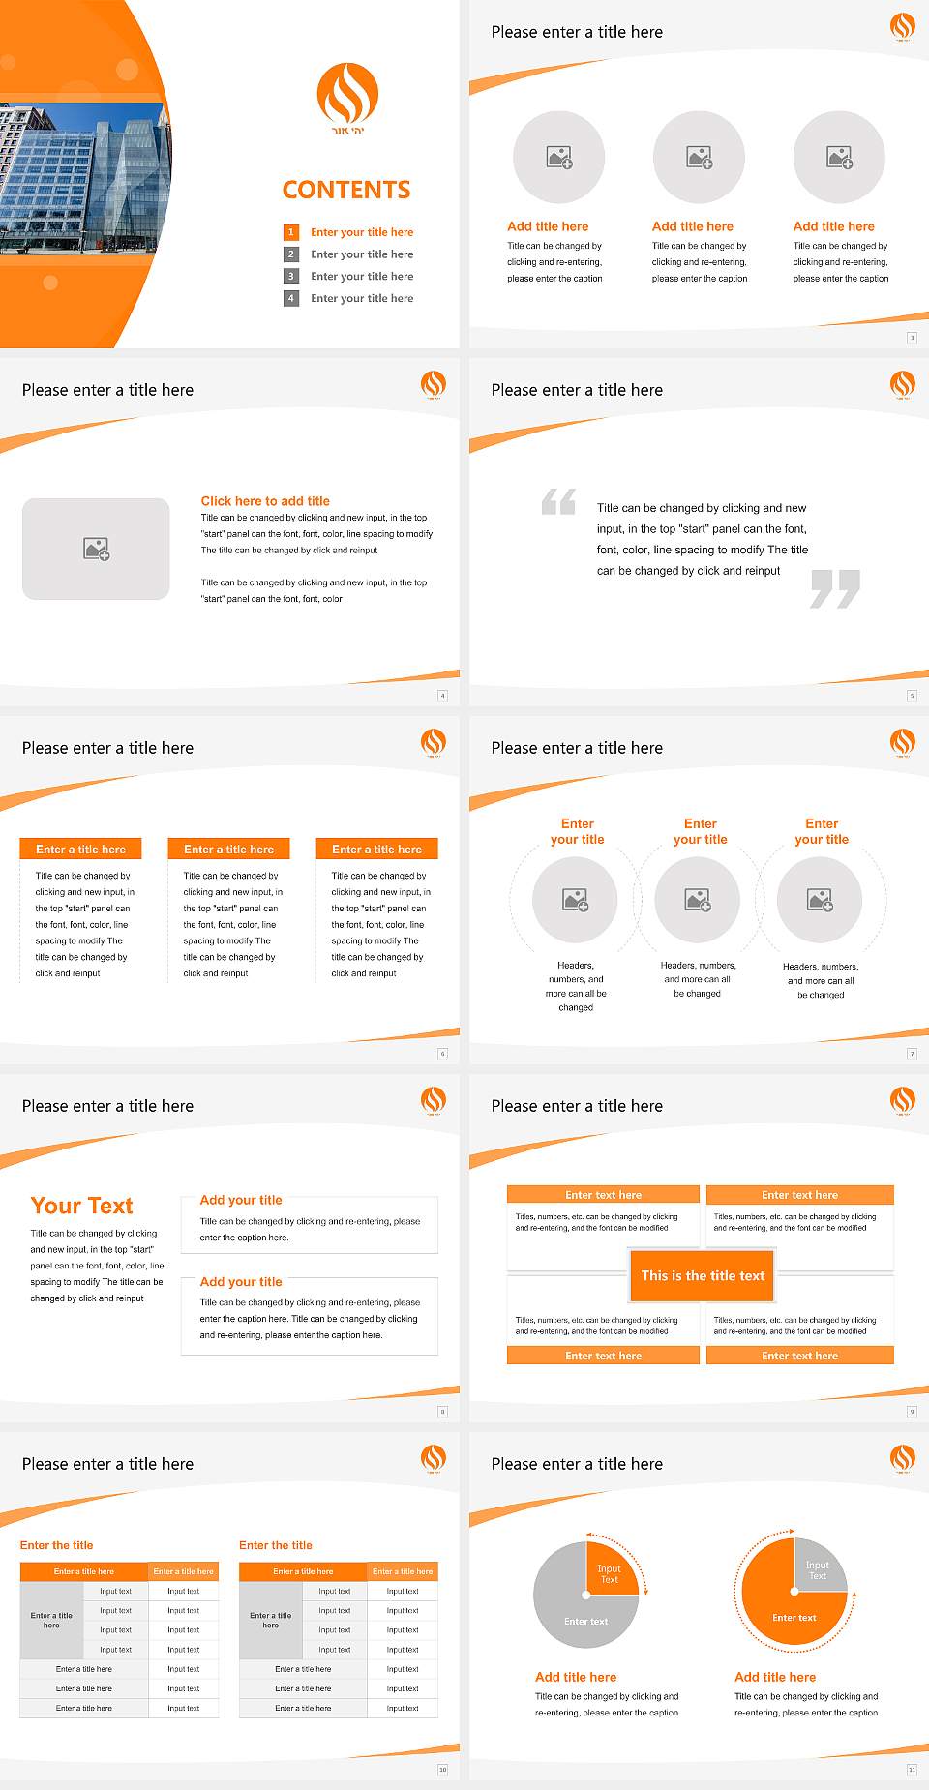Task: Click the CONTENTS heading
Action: coord(346,190)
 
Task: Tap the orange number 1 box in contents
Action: coord(290,232)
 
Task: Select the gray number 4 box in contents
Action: coord(290,298)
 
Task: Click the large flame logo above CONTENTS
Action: coord(347,95)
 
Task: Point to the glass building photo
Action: coord(82,179)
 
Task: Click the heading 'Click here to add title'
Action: coord(265,501)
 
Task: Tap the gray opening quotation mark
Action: coord(558,501)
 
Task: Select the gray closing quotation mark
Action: coord(835,588)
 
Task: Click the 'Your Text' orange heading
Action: coord(82,1206)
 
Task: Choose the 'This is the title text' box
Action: coord(703,1275)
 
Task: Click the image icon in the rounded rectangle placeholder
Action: coord(97,550)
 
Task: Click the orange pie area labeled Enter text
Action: coord(789,1611)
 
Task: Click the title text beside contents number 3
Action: coord(362,277)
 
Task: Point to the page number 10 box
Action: coord(443,1770)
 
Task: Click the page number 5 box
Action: coord(912,696)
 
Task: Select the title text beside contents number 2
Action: coord(362,254)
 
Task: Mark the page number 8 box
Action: coord(443,1412)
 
